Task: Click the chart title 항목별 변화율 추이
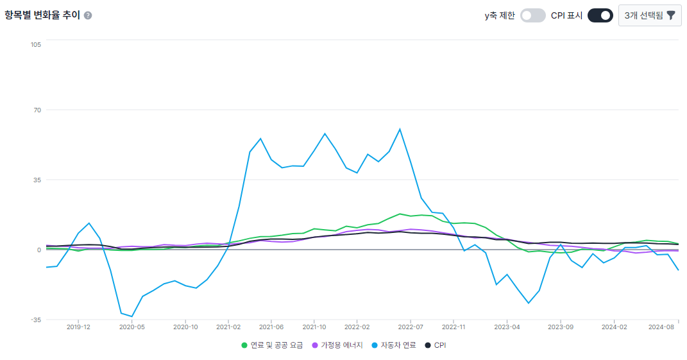(x=42, y=15)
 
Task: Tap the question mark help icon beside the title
(x=88, y=15)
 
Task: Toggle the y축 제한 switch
(x=532, y=15)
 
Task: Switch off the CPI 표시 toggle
(x=600, y=15)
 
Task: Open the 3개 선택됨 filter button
(x=650, y=15)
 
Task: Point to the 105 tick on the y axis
(x=35, y=44)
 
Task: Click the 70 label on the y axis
(x=37, y=110)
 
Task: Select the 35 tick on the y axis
(x=37, y=180)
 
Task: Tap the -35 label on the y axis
(x=35, y=320)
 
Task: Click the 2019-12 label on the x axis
(x=78, y=327)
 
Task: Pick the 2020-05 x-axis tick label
(x=131, y=327)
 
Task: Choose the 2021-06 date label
(x=271, y=327)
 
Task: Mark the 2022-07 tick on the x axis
(x=411, y=327)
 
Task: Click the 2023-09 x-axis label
(x=561, y=327)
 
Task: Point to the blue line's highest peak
(x=400, y=129)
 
